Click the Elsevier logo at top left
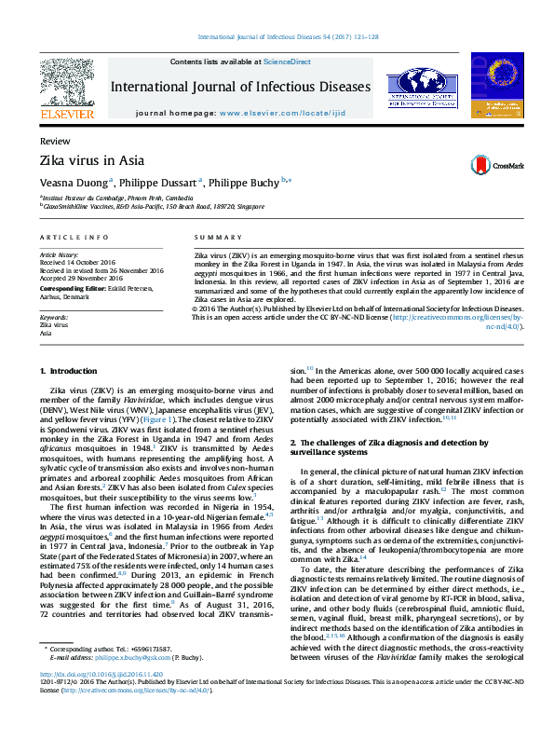tap(67, 89)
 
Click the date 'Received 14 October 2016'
tap(78, 263)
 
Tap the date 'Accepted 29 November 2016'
tap(81, 278)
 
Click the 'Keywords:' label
tap(54, 318)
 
